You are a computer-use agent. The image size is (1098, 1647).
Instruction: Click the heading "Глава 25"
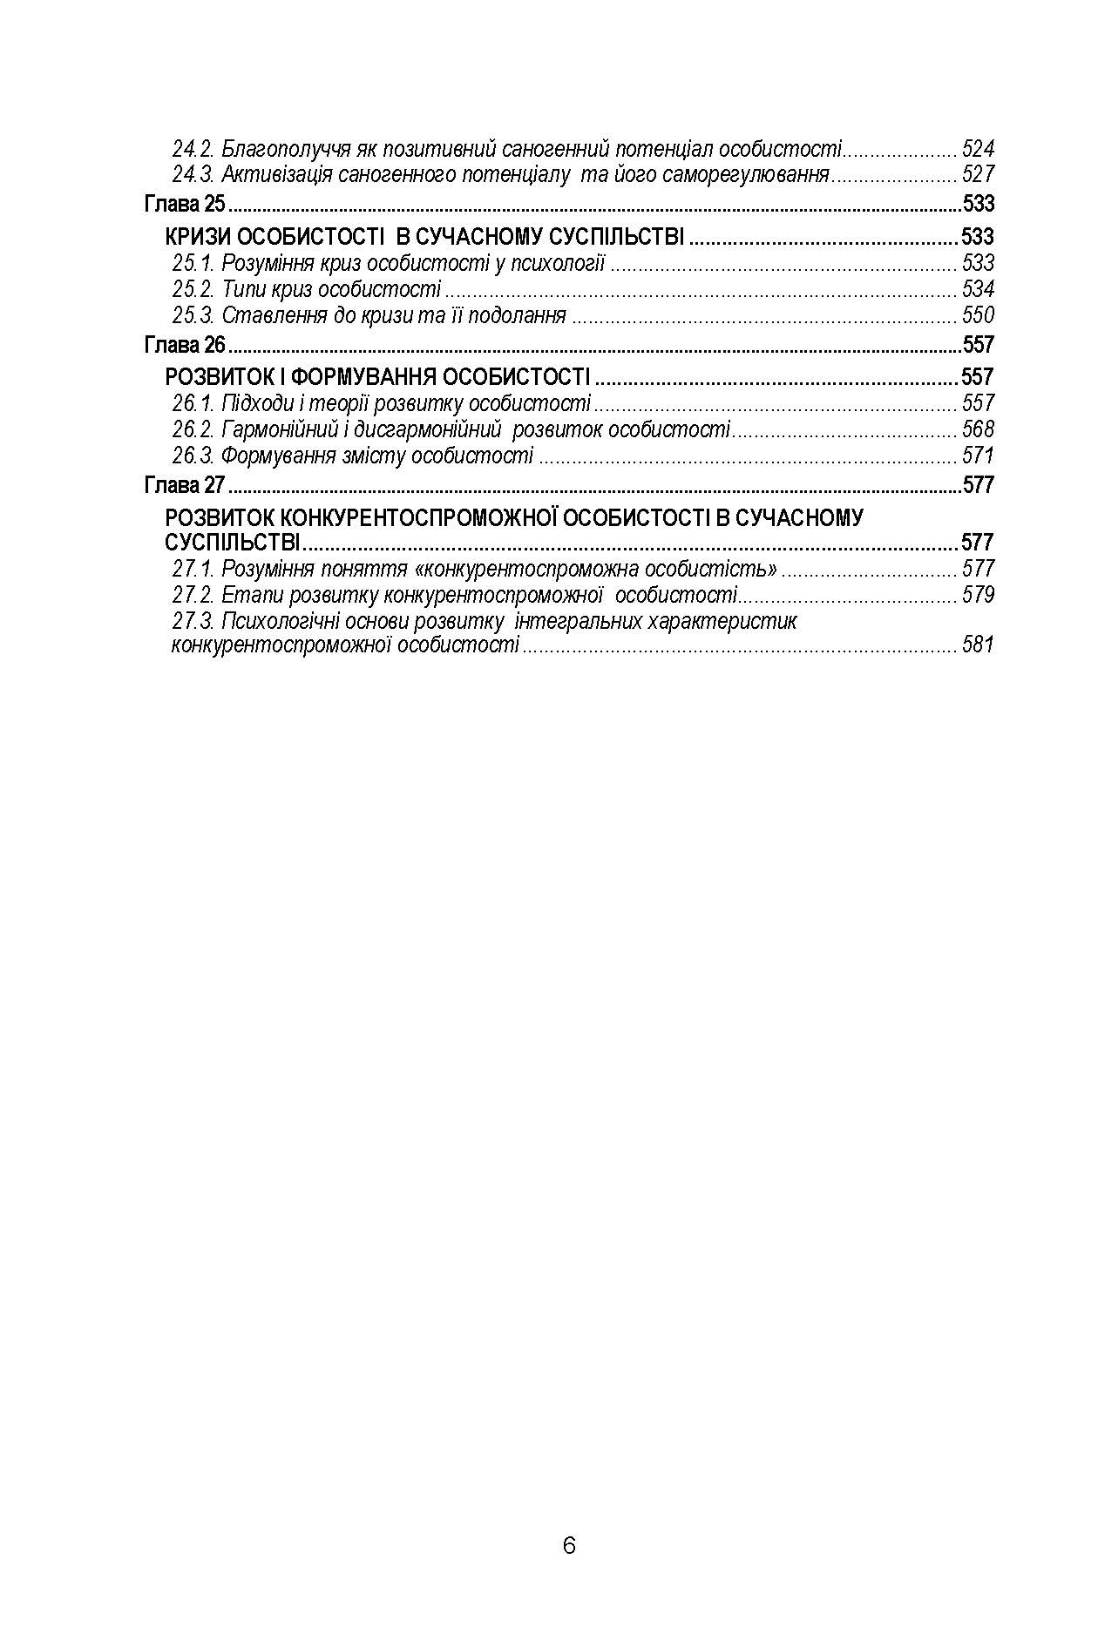(184, 205)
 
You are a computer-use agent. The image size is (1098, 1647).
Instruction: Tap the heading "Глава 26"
(184, 345)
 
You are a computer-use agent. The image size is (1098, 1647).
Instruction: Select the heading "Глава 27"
(184, 485)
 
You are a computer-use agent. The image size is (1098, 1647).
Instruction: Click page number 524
(978, 149)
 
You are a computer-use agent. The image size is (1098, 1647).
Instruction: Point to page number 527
(978, 174)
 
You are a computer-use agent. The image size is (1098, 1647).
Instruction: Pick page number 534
(978, 289)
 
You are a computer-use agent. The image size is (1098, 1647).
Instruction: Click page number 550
(978, 315)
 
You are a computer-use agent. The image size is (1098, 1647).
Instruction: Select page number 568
(978, 429)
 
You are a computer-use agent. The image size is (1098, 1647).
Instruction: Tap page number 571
(978, 456)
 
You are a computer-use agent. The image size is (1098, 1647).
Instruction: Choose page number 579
(978, 596)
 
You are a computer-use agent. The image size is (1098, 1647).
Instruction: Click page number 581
(978, 645)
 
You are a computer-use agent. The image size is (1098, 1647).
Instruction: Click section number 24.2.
(193, 149)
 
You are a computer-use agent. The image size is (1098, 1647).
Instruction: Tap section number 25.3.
(193, 315)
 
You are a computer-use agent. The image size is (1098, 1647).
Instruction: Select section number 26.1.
(193, 403)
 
